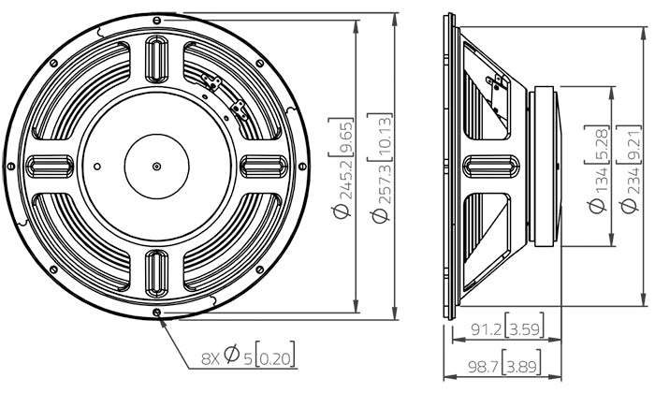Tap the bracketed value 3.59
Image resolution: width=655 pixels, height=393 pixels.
click(525, 329)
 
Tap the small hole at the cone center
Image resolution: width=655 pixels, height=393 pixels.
click(156, 167)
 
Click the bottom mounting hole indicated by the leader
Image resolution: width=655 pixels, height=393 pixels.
click(156, 312)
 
